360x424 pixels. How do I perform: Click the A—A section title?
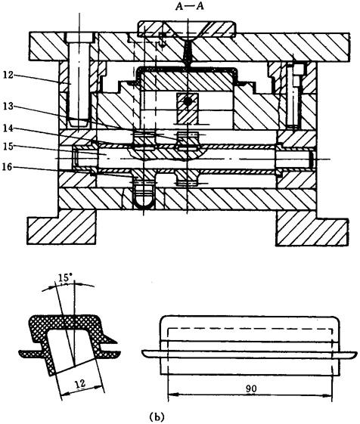tap(189, 6)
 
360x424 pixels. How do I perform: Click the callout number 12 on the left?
tap(8, 75)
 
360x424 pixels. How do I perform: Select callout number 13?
tap(8, 107)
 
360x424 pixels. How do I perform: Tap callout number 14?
tap(8, 128)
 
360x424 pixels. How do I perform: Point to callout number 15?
tap(8, 147)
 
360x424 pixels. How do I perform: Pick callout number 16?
tap(8, 167)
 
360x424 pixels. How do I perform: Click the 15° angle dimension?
tap(64, 277)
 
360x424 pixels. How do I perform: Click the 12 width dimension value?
tap(81, 383)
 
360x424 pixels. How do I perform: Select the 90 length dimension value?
tap(251, 388)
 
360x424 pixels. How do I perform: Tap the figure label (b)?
tap(157, 416)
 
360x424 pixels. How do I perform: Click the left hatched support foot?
tap(62, 227)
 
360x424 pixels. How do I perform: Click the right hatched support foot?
tap(312, 228)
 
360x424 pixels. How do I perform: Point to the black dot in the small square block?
tap(188, 102)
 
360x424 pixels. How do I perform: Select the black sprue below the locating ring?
tap(188, 53)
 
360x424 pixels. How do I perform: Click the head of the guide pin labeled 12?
tap(79, 37)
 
